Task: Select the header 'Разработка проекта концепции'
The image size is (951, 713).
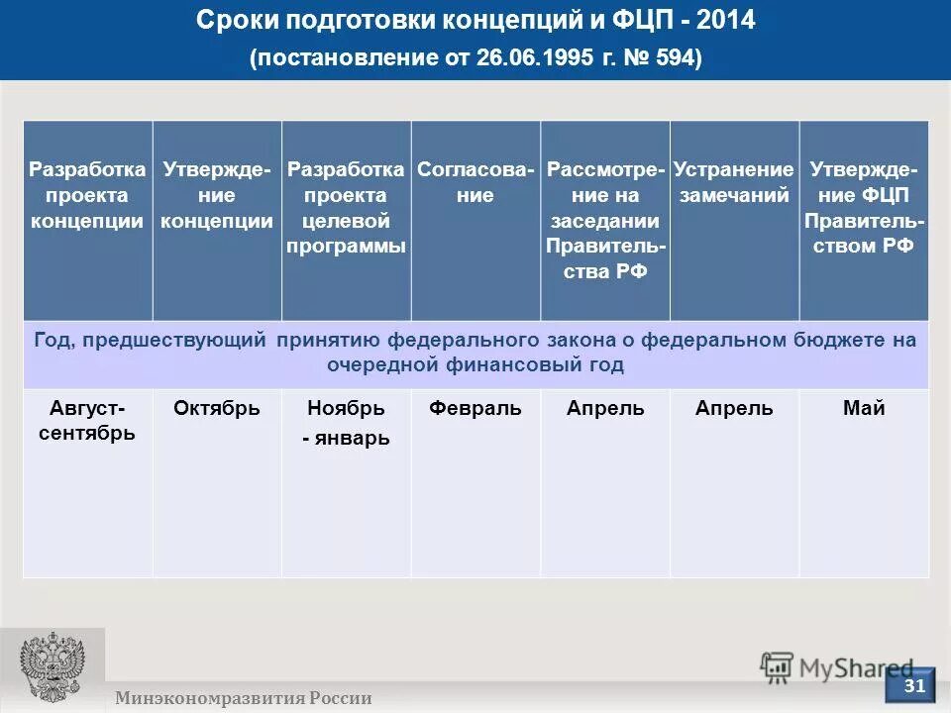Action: pyautogui.click(x=87, y=195)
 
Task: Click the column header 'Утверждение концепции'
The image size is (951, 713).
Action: pyautogui.click(x=217, y=195)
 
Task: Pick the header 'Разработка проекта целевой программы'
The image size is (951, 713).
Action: pyautogui.click(x=346, y=208)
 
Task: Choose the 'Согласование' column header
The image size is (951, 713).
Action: pyautogui.click(x=475, y=182)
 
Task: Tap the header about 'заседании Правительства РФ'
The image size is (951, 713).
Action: pyautogui.click(x=605, y=221)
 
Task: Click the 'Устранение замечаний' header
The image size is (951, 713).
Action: pyautogui.click(x=734, y=182)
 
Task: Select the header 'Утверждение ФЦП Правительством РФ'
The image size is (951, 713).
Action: pyautogui.click(x=864, y=208)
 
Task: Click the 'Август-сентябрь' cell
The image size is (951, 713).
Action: pyautogui.click(x=87, y=420)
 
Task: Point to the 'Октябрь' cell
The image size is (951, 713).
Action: pyautogui.click(x=217, y=408)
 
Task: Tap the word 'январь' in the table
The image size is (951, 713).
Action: pyautogui.click(x=352, y=439)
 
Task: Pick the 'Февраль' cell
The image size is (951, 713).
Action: pyautogui.click(x=475, y=408)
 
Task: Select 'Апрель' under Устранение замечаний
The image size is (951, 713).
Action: pyautogui.click(x=734, y=408)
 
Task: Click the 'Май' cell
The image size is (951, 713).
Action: pyautogui.click(x=864, y=408)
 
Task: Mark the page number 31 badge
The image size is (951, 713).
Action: pyautogui.click(x=915, y=685)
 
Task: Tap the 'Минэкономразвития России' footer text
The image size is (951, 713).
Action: pyautogui.click(x=243, y=698)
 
